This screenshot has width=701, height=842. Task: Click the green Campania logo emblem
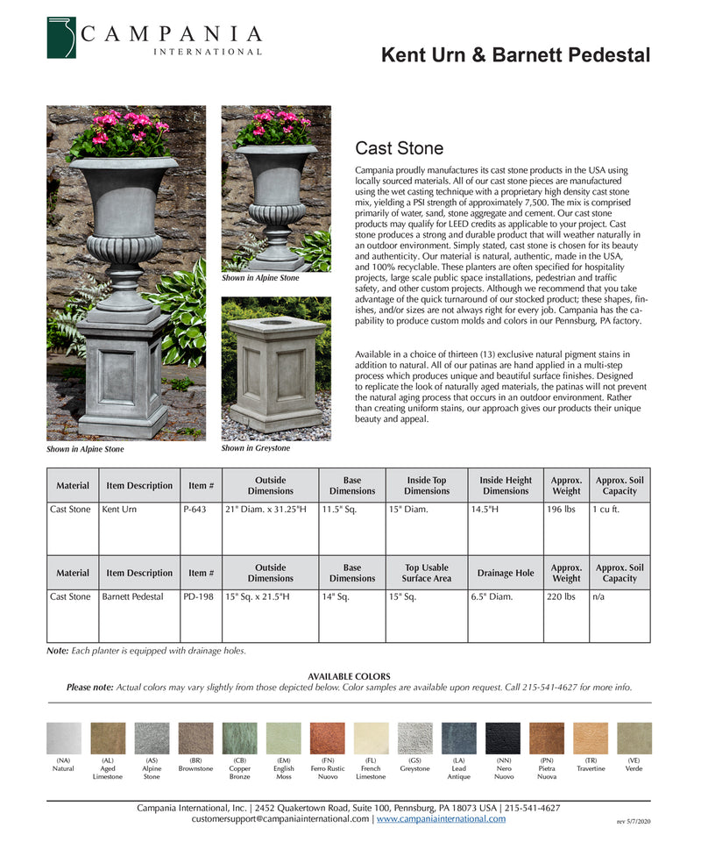coord(61,38)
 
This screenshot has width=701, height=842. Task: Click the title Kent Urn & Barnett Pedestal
coord(515,56)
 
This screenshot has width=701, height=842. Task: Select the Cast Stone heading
coord(399,148)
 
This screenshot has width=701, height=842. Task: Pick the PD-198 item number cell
coord(198,596)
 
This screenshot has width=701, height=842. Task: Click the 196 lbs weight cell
coord(561,509)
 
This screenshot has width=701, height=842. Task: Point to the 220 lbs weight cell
coord(561,596)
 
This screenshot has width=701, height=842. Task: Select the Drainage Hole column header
coord(506,573)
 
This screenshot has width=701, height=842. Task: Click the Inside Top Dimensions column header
coord(427,485)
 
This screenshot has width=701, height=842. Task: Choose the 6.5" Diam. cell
coord(492,596)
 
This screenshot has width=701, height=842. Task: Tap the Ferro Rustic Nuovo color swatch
coord(327,739)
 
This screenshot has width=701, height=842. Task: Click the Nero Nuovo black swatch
coord(503,739)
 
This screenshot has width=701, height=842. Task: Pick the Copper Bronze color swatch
coord(239,739)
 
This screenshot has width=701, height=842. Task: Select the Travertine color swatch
coord(591,739)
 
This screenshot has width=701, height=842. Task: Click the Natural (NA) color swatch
coord(63,739)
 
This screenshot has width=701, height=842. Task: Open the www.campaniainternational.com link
coord(441,819)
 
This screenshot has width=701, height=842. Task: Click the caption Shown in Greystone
coord(255,448)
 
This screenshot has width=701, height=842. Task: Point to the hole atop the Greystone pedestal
coord(277,322)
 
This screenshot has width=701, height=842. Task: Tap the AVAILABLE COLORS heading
coord(349,676)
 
